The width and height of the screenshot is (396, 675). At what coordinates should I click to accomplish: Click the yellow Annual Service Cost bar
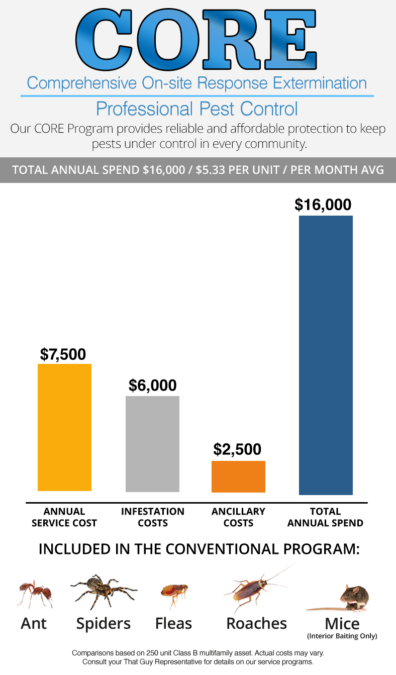[64, 427]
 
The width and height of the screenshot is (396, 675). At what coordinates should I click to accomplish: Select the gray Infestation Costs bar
[152, 444]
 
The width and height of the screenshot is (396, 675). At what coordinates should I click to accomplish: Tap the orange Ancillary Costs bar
[238, 476]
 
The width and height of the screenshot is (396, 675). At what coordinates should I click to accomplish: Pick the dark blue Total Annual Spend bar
[326, 355]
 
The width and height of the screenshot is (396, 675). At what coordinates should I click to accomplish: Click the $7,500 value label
[63, 354]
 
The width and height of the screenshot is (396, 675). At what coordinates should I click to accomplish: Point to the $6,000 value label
[152, 385]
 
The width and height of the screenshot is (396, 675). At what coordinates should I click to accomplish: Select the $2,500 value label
[237, 449]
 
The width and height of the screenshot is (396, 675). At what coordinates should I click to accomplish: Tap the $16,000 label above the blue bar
[323, 205]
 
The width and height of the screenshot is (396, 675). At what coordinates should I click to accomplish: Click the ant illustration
[35, 593]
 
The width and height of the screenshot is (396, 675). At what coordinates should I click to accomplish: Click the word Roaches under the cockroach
[256, 624]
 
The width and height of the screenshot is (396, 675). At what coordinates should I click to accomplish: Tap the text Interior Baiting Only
[342, 636]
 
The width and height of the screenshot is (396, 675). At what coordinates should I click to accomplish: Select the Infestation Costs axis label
[152, 517]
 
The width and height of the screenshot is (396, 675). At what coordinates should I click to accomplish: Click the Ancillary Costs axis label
[238, 517]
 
